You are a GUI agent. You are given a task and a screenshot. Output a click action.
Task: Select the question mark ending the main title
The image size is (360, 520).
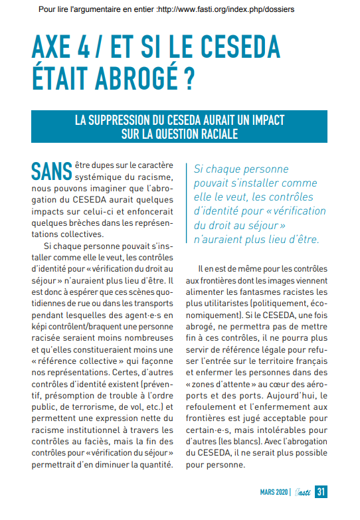tap(189, 78)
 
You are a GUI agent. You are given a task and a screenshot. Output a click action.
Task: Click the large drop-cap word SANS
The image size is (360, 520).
tap(51, 171)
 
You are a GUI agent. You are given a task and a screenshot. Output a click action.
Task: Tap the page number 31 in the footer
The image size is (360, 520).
tap(321, 492)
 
